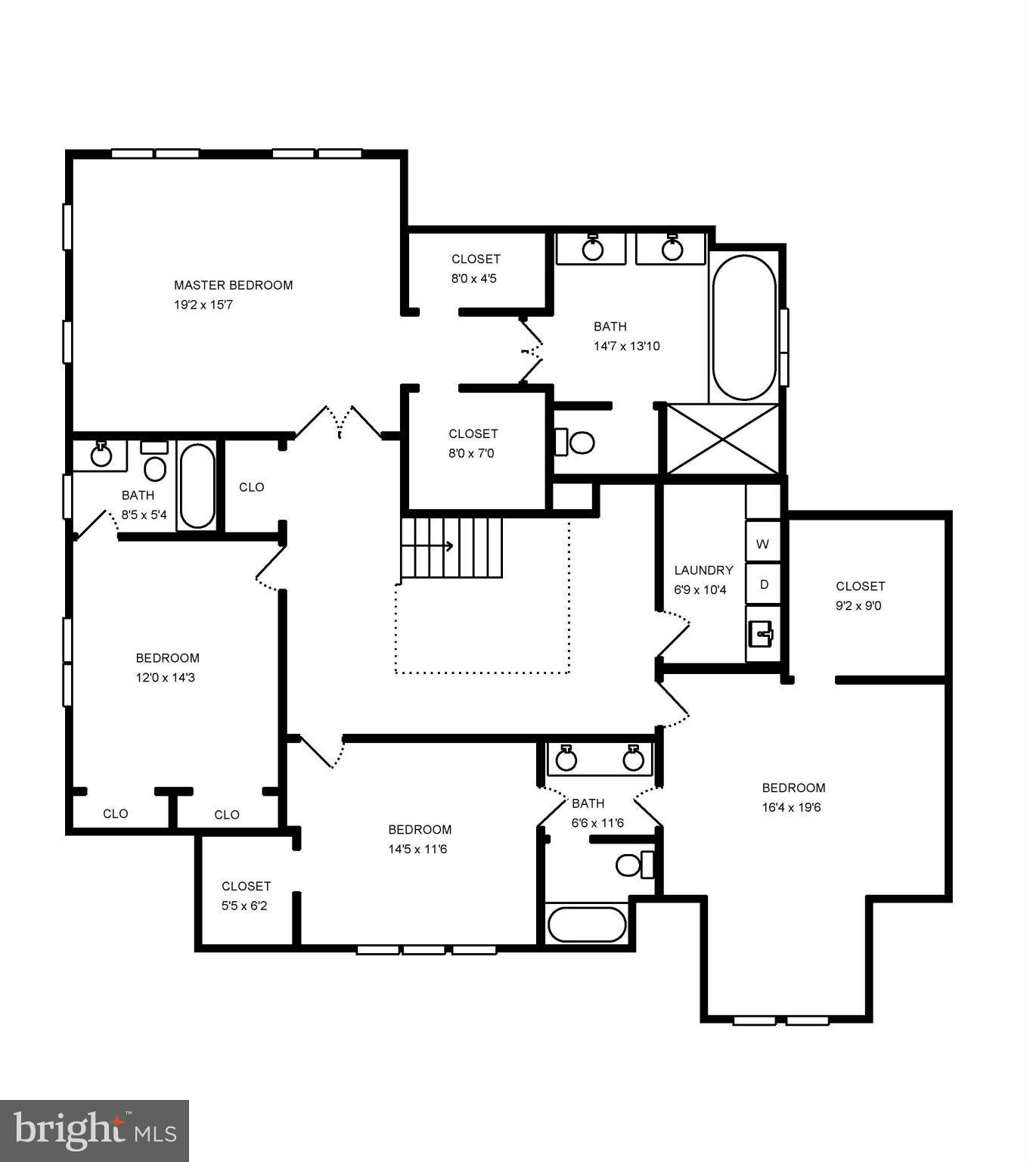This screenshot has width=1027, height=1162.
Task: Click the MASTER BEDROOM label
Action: pos(233,285)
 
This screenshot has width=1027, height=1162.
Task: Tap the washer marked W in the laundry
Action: pos(762,544)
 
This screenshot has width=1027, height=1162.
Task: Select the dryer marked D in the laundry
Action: pos(763,585)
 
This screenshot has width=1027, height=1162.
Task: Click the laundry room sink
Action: pos(762,633)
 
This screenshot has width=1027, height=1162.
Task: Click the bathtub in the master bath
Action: pos(744,327)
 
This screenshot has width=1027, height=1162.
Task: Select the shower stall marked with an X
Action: pos(722,440)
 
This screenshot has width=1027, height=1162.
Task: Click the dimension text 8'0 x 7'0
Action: pos(472,453)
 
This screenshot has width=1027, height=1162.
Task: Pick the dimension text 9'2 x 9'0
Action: pos(858,605)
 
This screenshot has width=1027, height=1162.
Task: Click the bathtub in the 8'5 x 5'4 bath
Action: pos(197,485)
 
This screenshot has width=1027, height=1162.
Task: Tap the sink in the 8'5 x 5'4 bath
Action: pos(101,455)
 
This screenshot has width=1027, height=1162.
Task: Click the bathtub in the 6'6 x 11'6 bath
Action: pos(587,924)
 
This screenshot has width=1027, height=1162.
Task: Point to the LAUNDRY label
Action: pos(703,570)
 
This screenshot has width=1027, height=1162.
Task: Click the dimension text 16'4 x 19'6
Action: pos(791,807)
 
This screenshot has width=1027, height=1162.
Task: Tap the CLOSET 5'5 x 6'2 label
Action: pos(246,886)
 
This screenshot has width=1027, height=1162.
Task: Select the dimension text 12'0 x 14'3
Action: pos(166,678)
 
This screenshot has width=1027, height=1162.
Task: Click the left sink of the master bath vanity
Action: pos(592,249)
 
